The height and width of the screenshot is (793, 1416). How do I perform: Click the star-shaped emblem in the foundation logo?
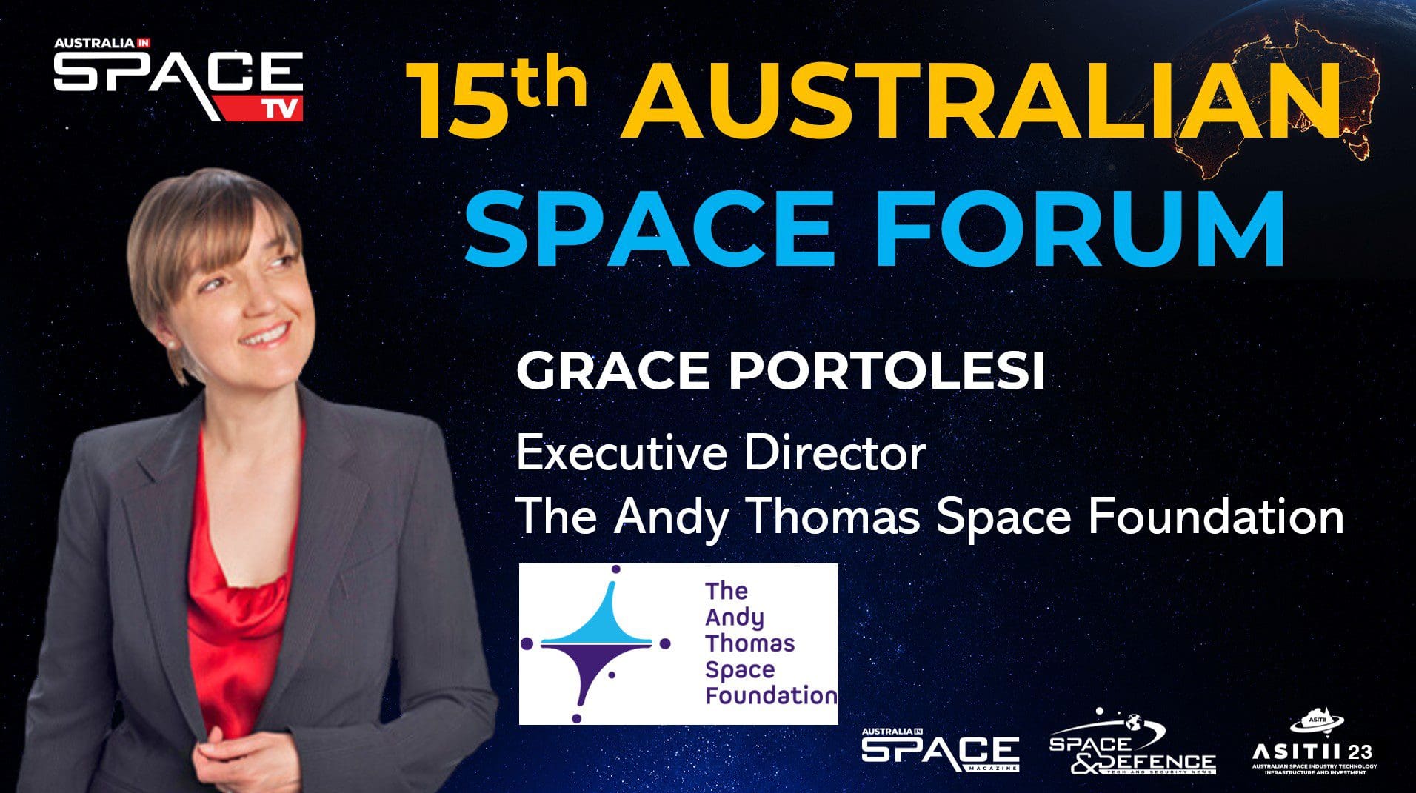[x=596, y=643]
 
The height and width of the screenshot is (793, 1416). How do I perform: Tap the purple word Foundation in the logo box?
[x=771, y=696]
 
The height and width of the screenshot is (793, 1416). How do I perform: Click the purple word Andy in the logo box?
[x=735, y=618]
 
